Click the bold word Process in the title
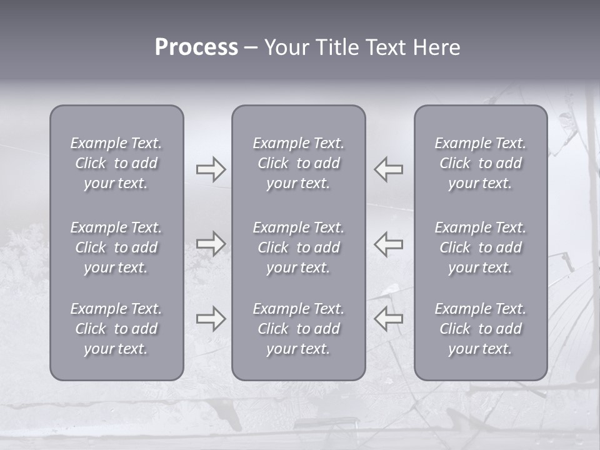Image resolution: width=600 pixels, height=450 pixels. (x=196, y=47)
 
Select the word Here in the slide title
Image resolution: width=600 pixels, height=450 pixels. (x=436, y=47)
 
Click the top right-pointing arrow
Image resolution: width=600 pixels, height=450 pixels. (x=211, y=169)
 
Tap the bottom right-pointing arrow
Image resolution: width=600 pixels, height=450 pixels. (x=211, y=319)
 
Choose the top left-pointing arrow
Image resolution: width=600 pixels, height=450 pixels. (x=389, y=169)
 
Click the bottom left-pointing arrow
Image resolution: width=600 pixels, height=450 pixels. (x=389, y=319)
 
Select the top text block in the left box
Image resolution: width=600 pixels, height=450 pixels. (x=116, y=163)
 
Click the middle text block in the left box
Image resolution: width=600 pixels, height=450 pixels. (x=116, y=247)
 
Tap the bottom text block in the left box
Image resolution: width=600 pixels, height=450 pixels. (x=116, y=329)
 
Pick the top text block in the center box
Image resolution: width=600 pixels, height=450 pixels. (x=299, y=163)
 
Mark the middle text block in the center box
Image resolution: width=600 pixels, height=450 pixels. (x=299, y=247)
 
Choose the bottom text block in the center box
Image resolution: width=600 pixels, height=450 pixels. (x=299, y=329)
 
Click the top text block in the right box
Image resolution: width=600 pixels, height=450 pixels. (x=481, y=163)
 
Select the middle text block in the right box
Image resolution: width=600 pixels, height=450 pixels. (x=481, y=247)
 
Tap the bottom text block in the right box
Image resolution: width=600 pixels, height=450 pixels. (x=481, y=329)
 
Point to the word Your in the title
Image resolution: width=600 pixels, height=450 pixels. (x=285, y=47)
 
